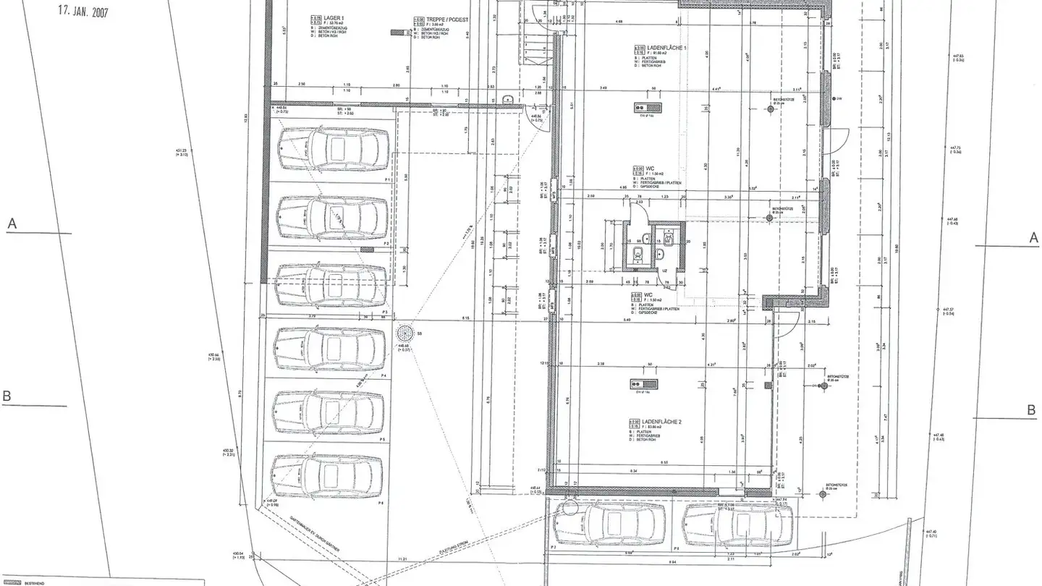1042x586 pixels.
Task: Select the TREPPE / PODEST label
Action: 438,20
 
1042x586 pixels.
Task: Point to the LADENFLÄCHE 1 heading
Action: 652,48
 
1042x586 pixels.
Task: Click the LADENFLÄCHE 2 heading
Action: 653,420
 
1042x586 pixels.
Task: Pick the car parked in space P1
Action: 332,148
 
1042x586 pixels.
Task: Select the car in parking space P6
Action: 326,475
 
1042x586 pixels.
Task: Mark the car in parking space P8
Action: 737,525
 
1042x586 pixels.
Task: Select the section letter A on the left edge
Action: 12,224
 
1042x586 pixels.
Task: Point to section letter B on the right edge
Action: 1031,410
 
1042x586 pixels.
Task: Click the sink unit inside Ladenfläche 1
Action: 643,109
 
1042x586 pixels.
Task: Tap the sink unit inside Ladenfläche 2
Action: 643,384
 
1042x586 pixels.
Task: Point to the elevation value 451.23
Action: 182,150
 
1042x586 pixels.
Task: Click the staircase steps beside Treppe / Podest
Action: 535,47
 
